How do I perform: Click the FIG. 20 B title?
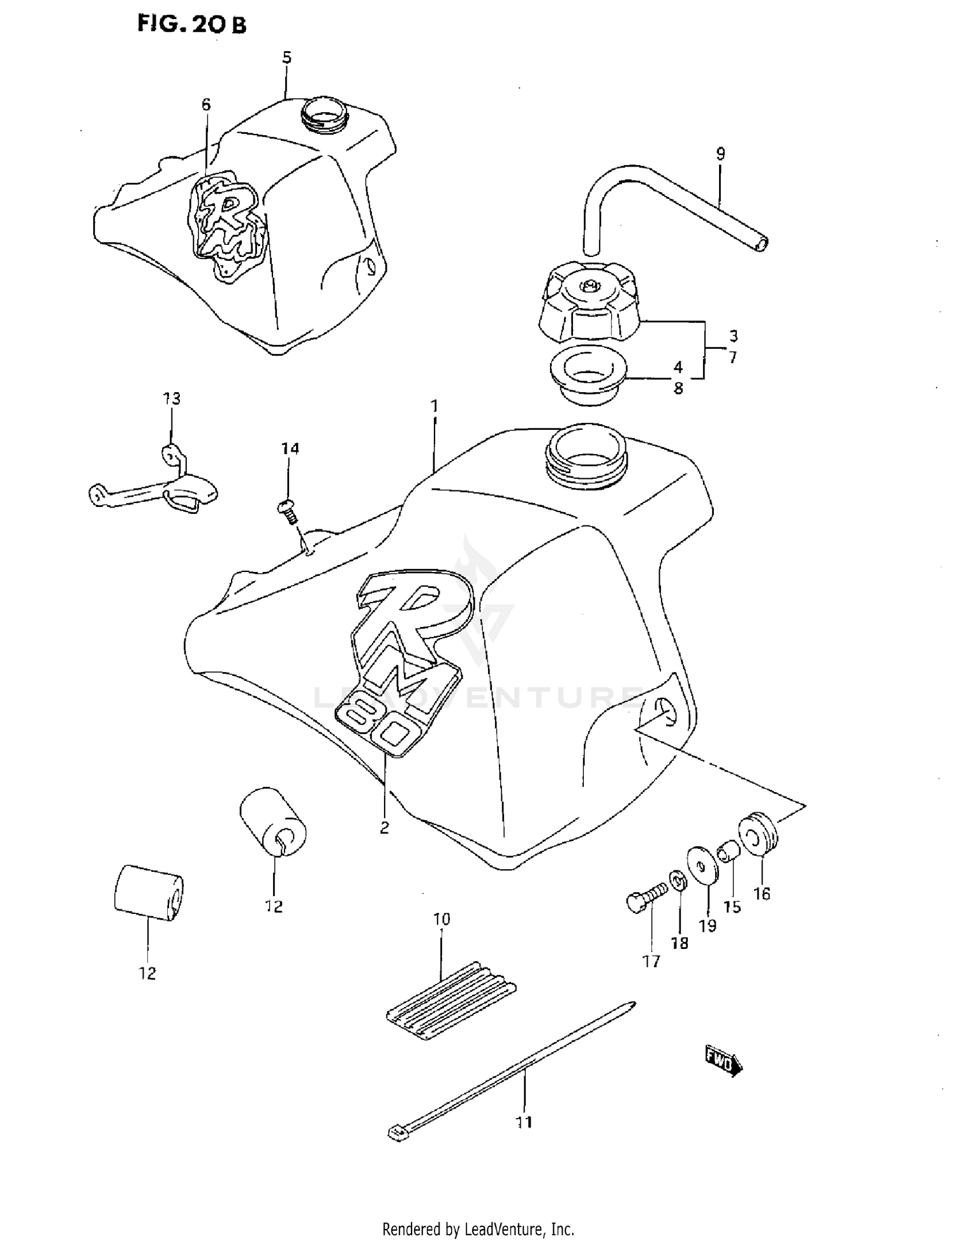191,24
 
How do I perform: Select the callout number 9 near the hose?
720,154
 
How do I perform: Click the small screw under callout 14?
287,510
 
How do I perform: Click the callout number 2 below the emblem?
384,828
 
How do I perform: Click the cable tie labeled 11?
510,1071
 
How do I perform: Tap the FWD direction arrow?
723,1059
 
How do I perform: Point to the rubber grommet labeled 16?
758,833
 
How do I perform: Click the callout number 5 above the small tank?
286,57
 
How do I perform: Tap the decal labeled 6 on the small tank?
226,223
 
